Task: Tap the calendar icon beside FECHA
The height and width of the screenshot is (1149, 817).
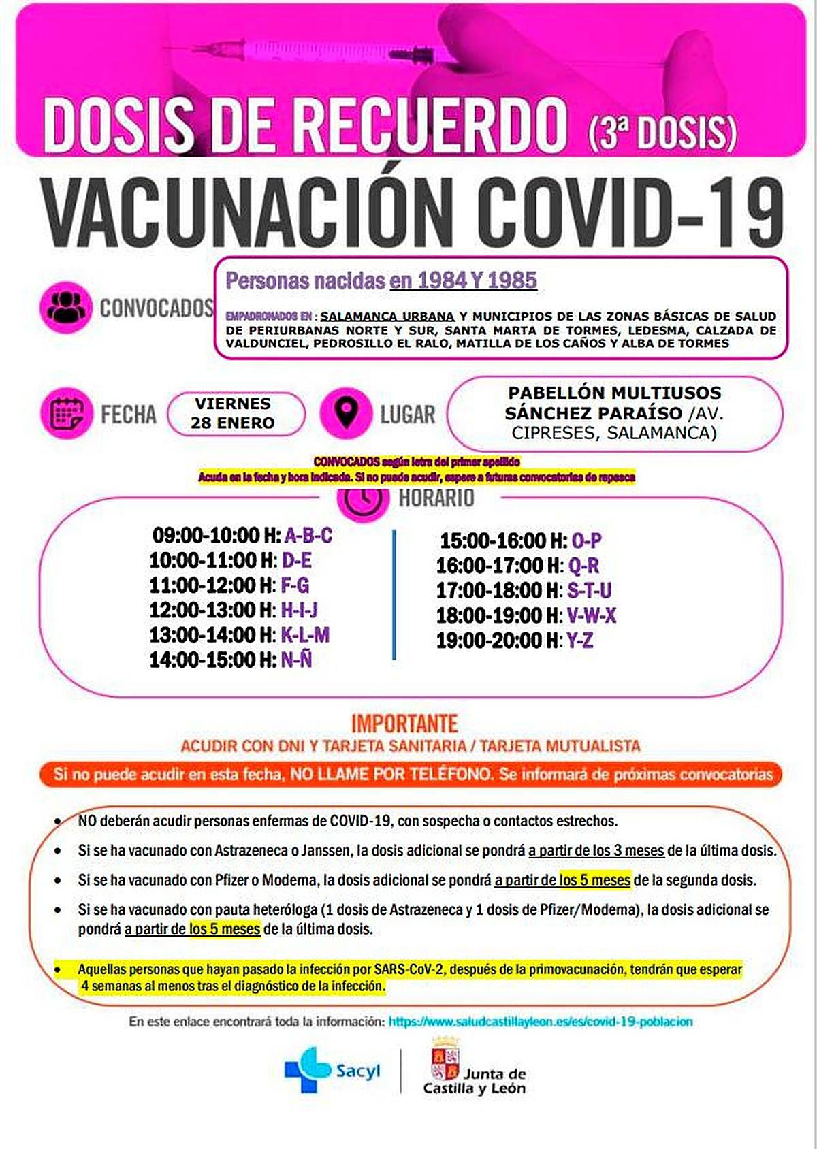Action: (66, 413)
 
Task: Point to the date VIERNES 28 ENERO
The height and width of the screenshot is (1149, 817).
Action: (233, 413)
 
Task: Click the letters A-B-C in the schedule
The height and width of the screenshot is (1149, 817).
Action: (308, 535)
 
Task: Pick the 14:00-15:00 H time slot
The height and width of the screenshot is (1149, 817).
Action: (211, 660)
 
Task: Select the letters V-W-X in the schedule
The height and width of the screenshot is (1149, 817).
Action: (591, 615)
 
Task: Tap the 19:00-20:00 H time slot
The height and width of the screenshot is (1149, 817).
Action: (498, 640)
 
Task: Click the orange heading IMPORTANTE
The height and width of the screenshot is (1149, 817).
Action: (404, 723)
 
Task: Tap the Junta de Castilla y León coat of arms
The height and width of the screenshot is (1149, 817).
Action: (445, 1060)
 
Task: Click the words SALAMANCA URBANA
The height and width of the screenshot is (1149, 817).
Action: (387, 316)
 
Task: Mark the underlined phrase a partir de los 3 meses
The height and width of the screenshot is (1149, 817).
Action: (596, 850)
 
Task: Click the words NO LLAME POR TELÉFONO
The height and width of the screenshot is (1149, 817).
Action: (392, 775)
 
